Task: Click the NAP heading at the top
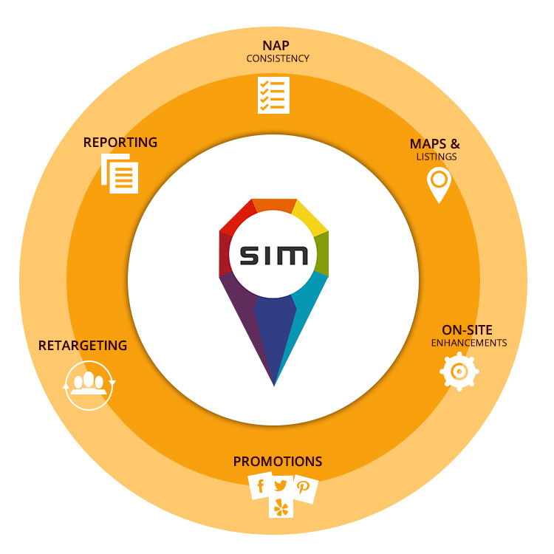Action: pos(276,45)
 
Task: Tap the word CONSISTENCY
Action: pos(277,58)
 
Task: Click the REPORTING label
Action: pos(120,143)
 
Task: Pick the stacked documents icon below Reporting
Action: pos(120,174)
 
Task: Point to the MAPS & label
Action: pos(435,144)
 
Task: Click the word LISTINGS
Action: pos(437,157)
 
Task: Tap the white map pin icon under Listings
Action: pos(439,184)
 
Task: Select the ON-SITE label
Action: pos(467,330)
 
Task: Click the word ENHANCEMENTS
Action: pos(469,343)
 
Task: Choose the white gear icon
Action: pos(459,372)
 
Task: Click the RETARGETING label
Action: pos(83,346)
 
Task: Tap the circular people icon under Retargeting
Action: pos(89,385)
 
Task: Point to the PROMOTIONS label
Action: pos(278,462)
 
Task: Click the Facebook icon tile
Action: pos(260,487)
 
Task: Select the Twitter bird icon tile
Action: pos(281,485)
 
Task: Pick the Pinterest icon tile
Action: pos(304,488)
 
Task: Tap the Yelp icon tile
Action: pos(281,507)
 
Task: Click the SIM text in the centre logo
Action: pos(274,256)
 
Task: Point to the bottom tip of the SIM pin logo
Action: pos(274,384)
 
